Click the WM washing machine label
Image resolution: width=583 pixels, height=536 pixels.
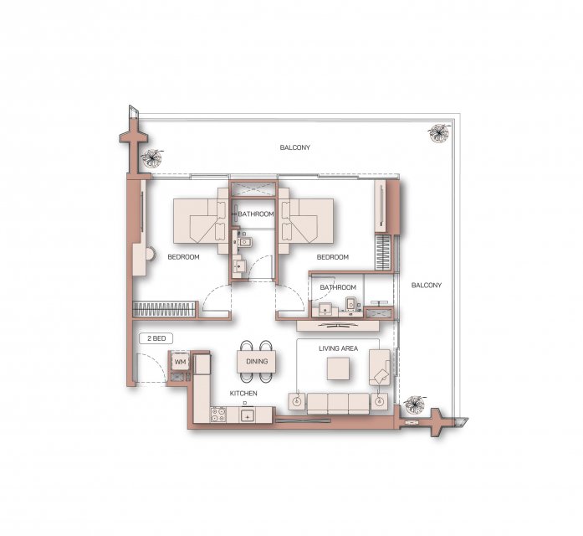pos(181,362)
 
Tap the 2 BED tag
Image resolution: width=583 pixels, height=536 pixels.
pos(156,338)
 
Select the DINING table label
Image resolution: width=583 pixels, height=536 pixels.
pos(257,361)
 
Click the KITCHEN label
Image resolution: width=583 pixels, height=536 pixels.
pos(243,393)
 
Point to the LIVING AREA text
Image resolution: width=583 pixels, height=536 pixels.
pos(339,348)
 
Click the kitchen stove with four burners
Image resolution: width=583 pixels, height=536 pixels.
pos(218,415)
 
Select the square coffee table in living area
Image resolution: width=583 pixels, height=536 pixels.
pos(338,368)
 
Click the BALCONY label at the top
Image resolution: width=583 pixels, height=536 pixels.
pos(295,147)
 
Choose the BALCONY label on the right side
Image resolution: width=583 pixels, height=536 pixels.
pos(427,285)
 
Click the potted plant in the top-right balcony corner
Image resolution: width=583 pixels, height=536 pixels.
pos(438,132)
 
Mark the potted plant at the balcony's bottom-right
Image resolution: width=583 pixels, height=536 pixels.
pos(414,404)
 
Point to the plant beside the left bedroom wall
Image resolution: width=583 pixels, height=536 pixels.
pos(151,157)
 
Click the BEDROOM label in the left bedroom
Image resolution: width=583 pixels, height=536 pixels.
pos(183,257)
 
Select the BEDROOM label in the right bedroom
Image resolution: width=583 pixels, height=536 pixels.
pos(332,257)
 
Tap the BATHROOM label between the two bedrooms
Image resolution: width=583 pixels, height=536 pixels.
pos(256,214)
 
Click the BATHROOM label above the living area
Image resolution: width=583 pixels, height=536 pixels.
pos(338,287)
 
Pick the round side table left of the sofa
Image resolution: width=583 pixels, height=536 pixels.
pos(297,401)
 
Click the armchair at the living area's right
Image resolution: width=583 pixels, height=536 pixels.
pos(380,368)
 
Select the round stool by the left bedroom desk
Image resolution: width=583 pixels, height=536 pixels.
pos(150,255)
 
